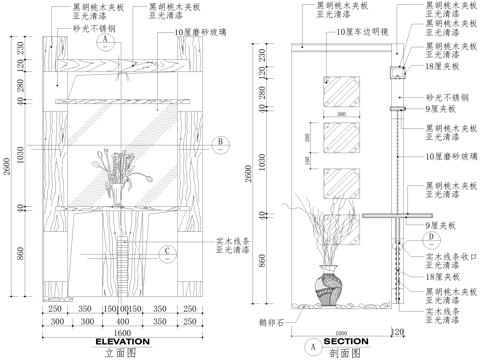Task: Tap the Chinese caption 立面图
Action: [x=121, y=353]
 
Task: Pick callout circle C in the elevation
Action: [x=169, y=250]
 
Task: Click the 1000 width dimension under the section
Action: [x=341, y=333]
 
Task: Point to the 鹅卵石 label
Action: [x=270, y=322]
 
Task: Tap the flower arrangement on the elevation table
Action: [x=118, y=170]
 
